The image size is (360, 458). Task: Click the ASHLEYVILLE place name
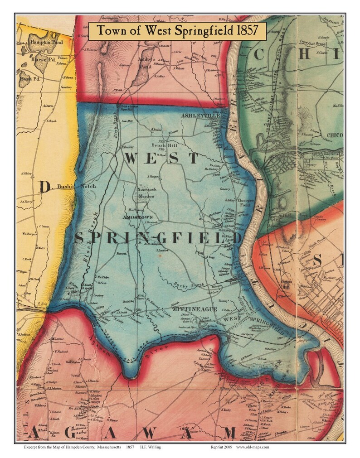pyautogui.click(x=200, y=116)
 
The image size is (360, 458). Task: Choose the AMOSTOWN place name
pyautogui.click(x=137, y=217)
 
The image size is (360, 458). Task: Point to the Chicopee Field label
pyautogui.click(x=244, y=202)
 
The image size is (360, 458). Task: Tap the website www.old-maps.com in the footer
pyautogui.click(x=253, y=447)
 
